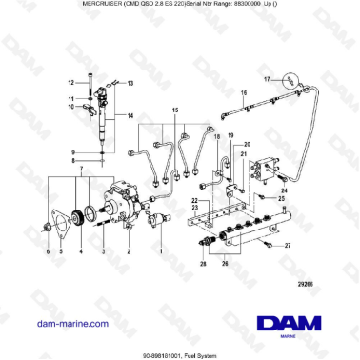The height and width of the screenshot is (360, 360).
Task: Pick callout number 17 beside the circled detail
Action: click(x=268, y=79)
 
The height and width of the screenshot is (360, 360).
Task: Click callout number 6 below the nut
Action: click(x=49, y=251)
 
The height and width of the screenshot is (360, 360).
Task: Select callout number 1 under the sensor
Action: click(x=160, y=250)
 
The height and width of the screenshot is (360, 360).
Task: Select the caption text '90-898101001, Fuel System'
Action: click(x=179, y=352)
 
